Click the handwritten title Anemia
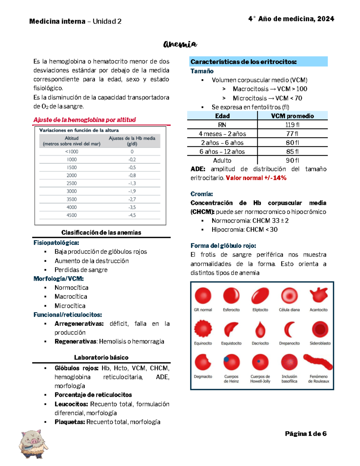[180, 44]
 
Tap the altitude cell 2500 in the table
[72, 183]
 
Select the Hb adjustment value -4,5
[132, 215]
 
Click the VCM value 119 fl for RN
[292, 125]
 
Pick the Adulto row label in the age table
[222, 161]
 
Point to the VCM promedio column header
[292, 116]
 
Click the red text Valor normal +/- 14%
[256, 178]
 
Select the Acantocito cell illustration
[319, 296]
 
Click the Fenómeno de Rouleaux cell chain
[318, 362]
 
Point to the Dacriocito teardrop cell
[260, 330]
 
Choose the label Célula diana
[289, 310]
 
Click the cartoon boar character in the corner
[33, 444]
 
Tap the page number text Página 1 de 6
[305, 434]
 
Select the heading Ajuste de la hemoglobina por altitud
[85, 120]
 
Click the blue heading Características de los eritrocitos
[243, 62]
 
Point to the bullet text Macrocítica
[71, 296]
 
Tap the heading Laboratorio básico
[101, 357]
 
